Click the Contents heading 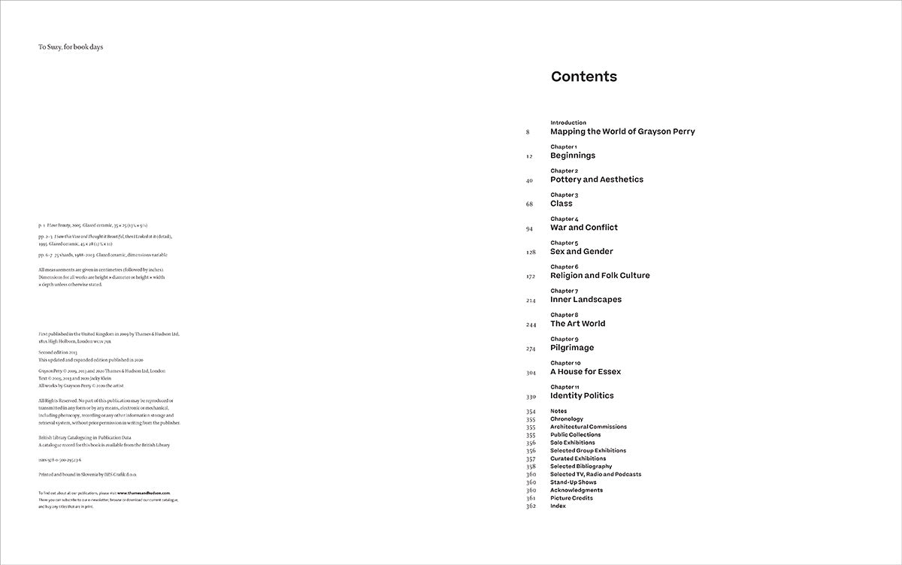(583, 77)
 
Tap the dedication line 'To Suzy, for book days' (71, 47)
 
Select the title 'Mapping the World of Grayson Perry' (622, 131)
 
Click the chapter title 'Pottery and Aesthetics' (597, 180)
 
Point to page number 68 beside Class (529, 204)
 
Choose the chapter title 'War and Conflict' (584, 228)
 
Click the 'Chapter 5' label (564, 243)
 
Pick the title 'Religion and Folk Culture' (600, 276)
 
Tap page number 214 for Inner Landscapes (530, 300)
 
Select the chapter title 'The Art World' (577, 324)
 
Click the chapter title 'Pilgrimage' (572, 348)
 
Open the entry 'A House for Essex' (586, 372)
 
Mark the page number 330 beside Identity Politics (530, 396)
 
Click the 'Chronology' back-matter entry (567, 419)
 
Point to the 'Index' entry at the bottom (558, 506)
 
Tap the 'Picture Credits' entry (571, 498)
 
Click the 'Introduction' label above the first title (568, 122)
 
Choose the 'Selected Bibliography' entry (581, 467)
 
